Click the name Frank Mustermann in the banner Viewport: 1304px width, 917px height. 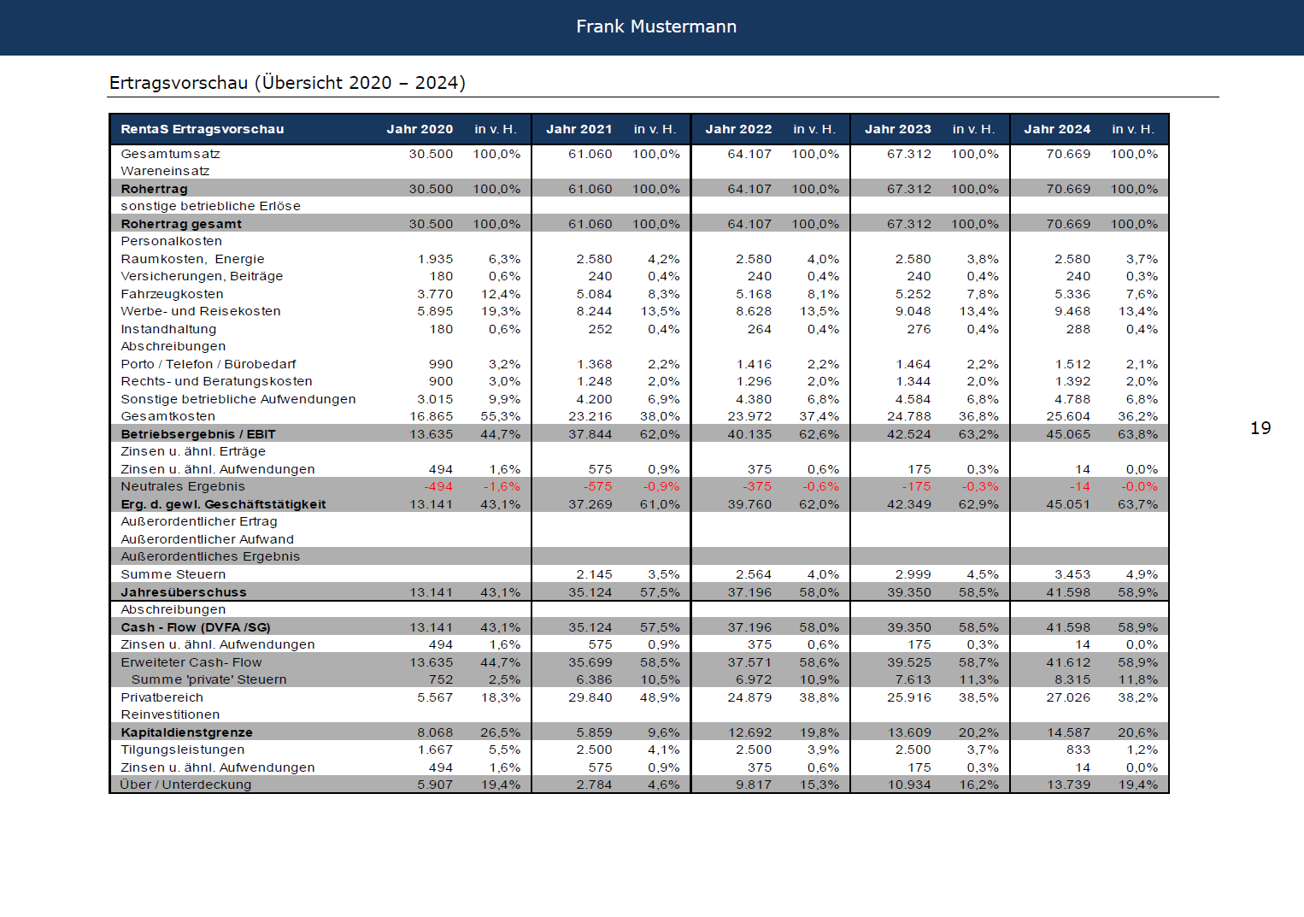coord(656,26)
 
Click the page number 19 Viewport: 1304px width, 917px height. coord(1260,428)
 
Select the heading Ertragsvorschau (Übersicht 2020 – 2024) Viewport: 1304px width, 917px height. coord(287,83)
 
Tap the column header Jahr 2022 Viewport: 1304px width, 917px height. coord(738,129)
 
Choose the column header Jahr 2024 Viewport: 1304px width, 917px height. coord(1057,129)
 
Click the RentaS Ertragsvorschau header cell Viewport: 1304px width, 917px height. coord(202,129)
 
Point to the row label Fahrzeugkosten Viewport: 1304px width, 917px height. coord(172,294)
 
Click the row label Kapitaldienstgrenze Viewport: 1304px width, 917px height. coord(186,732)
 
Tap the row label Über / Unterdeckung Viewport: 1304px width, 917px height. coord(185,785)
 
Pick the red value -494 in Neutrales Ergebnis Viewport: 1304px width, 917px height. coord(438,487)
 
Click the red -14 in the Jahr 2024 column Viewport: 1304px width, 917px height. coord(1080,487)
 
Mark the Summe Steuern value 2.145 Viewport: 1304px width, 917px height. coord(594,574)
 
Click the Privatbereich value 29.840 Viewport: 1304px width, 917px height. coord(590,697)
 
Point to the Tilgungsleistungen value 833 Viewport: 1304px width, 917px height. coord(1078,749)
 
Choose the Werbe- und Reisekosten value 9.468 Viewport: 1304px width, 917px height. coord(1072,311)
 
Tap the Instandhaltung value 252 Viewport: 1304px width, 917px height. coord(600,329)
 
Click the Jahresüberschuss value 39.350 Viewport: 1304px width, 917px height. coord(908,592)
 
